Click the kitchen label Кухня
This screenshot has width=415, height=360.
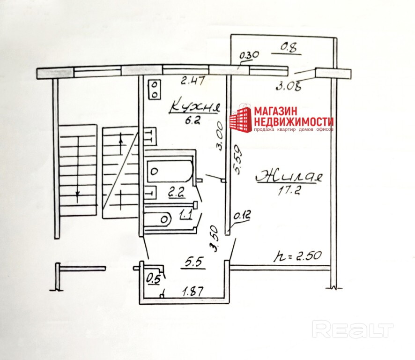(194, 106)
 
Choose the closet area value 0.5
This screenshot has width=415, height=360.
(153, 278)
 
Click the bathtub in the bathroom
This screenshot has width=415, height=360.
(170, 171)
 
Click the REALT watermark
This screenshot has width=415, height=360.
(352, 329)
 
